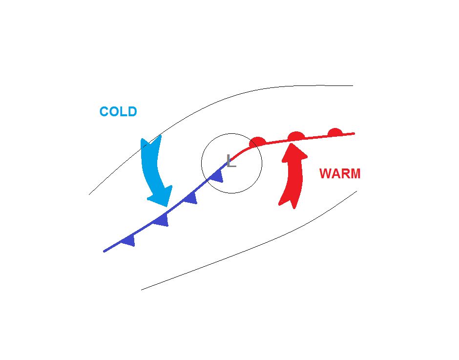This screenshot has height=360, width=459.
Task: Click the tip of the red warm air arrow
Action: point(295,143)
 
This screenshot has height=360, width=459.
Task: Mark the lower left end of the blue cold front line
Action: point(104,251)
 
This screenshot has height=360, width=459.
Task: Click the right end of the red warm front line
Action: point(354,133)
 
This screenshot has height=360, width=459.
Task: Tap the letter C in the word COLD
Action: point(104,111)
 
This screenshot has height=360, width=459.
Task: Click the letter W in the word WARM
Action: point(326,174)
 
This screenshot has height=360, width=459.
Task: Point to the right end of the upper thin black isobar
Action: point(353,86)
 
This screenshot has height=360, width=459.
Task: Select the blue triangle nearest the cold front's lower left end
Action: point(129,240)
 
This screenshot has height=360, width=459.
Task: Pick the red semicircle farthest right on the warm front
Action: point(335,132)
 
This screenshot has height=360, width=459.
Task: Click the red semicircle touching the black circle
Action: point(257,142)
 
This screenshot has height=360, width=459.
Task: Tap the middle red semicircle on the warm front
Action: point(296,136)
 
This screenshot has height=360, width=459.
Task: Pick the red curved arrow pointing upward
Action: point(292,176)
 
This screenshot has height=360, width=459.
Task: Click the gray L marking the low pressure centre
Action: point(231,161)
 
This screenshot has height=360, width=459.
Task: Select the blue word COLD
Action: point(118,111)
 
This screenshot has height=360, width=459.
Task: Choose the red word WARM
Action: point(340,174)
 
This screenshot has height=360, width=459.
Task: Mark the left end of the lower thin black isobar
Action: point(142,290)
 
